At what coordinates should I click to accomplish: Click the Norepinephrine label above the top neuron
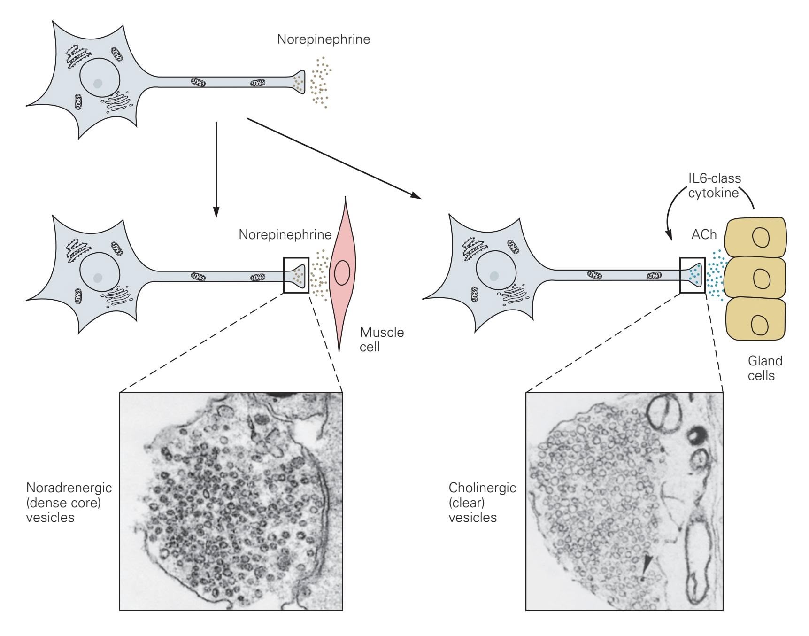click(323, 39)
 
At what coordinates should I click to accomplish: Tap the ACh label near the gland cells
click(704, 234)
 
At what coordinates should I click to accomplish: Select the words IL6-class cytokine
click(714, 186)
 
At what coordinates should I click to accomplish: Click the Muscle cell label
click(381, 339)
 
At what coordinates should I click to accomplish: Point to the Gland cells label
click(765, 368)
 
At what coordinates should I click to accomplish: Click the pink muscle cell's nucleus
click(342, 272)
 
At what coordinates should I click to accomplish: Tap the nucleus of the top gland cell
click(761, 238)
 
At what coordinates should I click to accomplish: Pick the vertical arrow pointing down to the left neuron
click(216, 169)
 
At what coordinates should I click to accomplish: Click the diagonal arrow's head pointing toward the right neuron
click(415, 194)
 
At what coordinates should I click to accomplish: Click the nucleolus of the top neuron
click(98, 84)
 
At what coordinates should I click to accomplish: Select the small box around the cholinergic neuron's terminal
click(693, 275)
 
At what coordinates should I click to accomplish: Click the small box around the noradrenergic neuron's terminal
click(296, 275)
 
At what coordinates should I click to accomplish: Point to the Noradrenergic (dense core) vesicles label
click(69, 503)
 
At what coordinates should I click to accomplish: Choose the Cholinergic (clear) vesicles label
click(482, 503)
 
